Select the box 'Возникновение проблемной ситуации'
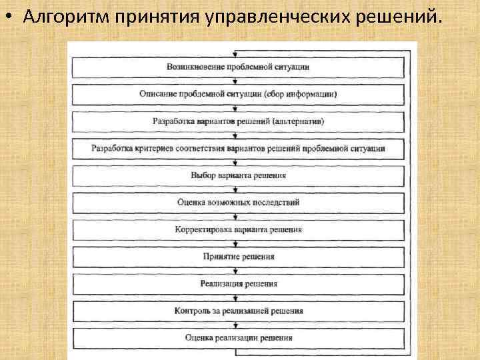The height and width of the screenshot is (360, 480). [x=237, y=67]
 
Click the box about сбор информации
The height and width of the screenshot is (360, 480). [x=237, y=95]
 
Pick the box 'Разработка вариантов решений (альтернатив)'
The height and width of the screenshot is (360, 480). [x=237, y=122]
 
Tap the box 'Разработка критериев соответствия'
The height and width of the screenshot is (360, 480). [x=237, y=149]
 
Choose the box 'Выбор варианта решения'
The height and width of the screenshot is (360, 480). [x=237, y=176]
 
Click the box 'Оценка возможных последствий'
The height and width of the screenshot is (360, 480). [x=237, y=203]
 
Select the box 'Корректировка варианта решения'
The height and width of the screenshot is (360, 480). [x=237, y=229]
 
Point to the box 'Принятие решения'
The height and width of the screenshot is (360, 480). [x=237, y=257]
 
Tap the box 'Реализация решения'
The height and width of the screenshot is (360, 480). [x=237, y=284]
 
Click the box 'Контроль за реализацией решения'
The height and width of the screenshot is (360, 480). [x=237, y=311]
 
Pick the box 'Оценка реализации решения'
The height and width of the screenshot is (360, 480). [x=237, y=338]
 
